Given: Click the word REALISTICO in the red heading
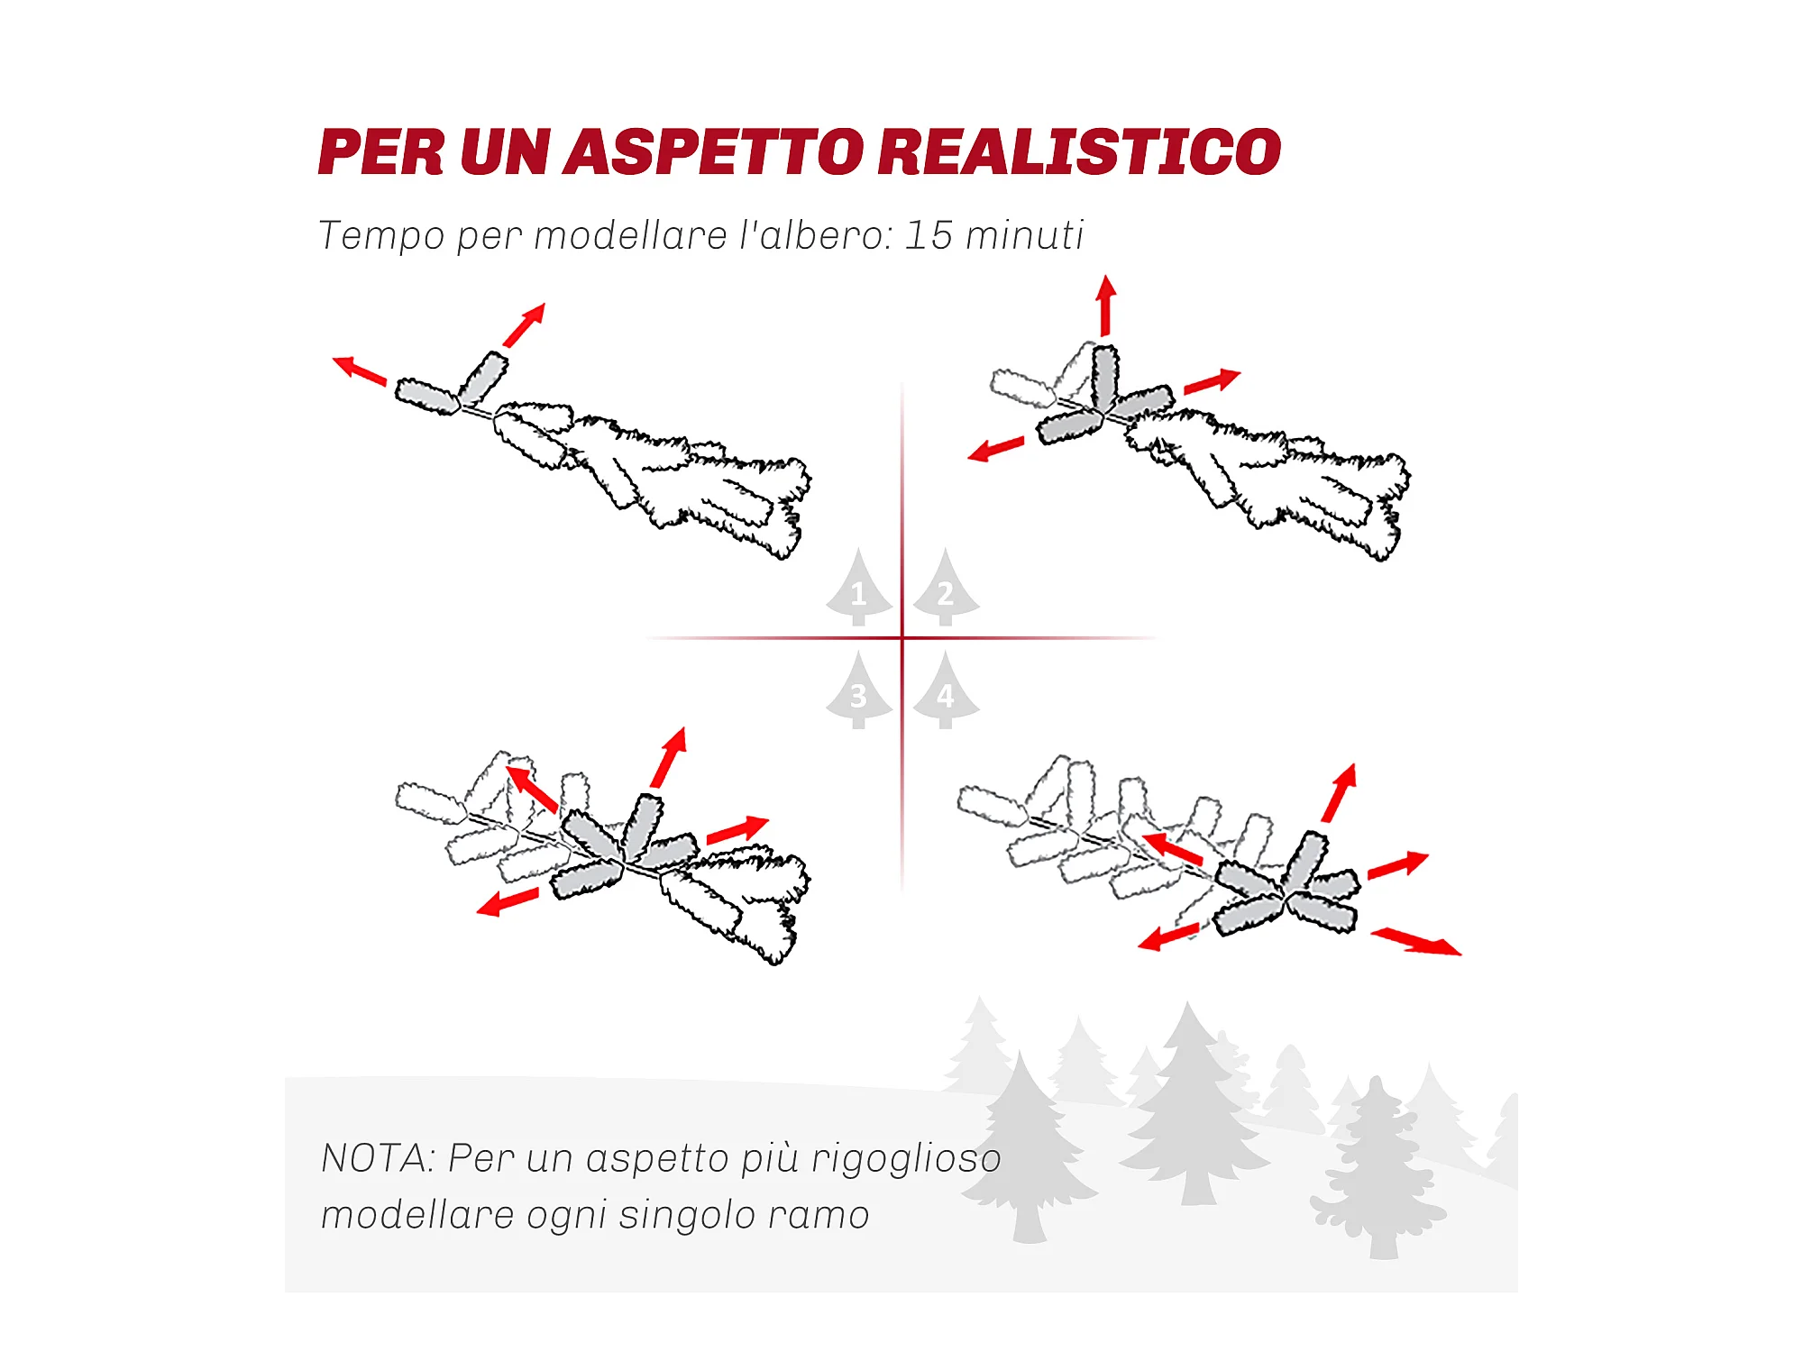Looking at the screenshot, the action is point(1079,151).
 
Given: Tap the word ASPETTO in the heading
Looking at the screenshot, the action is point(714,151).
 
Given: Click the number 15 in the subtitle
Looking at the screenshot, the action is point(929,235).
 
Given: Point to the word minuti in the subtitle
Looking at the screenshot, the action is point(1024,235).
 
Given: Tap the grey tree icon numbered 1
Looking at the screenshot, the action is point(859,587).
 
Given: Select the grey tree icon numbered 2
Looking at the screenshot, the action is point(946,587).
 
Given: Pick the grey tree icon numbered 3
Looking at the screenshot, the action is point(859,690).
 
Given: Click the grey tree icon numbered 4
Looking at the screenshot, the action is point(946,690).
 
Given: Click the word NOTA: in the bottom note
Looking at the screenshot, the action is point(379,1158).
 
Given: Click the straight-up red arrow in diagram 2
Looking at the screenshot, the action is point(1106,306).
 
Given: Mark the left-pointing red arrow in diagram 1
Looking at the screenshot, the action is point(360,370).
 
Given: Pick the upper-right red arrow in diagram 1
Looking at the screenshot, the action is point(524,325).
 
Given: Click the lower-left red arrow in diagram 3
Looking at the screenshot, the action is point(508,902).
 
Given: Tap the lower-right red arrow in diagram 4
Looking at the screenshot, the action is point(1416,942).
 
